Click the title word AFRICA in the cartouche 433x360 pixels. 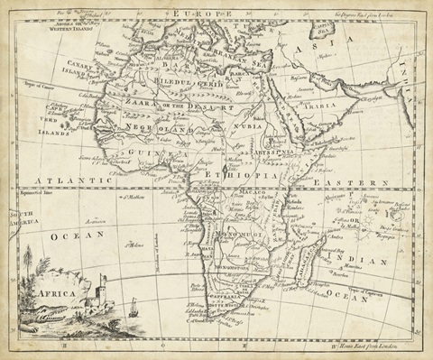pos(56,293)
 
